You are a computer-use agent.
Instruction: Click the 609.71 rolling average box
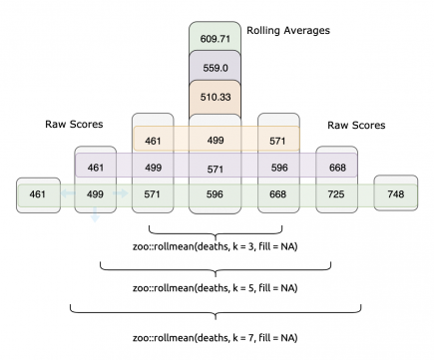pyautogui.click(x=215, y=38)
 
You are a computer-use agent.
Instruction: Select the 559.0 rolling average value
pyautogui.click(x=215, y=68)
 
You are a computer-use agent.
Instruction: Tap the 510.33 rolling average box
pyautogui.click(x=215, y=99)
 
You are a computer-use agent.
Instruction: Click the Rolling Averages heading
pyautogui.click(x=287, y=31)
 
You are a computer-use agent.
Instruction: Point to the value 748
pyautogui.click(x=396, y=193)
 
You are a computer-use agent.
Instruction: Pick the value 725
pyautogui.click(x=337, y=193)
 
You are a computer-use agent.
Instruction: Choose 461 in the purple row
pyautogui.click(x=96, y=168)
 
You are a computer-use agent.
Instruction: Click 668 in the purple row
pyautogui.click(x=337, y=168)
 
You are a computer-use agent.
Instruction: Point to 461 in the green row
pyautogui.click(x=37, y=193)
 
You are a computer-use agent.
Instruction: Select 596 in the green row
pyautogui.click(x=215, y=193)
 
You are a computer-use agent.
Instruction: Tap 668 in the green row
pyautogui.click(x=277, y=193)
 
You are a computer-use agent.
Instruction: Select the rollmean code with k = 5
pyautogui.click(x=215, y=287)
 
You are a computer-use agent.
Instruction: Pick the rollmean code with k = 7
pyautogui.click(x=215, y=337)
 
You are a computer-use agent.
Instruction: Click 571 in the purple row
pyautogui.click(x=215, y=168)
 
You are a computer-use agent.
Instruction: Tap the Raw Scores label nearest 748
pyautogui.click(x=356, y=126)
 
